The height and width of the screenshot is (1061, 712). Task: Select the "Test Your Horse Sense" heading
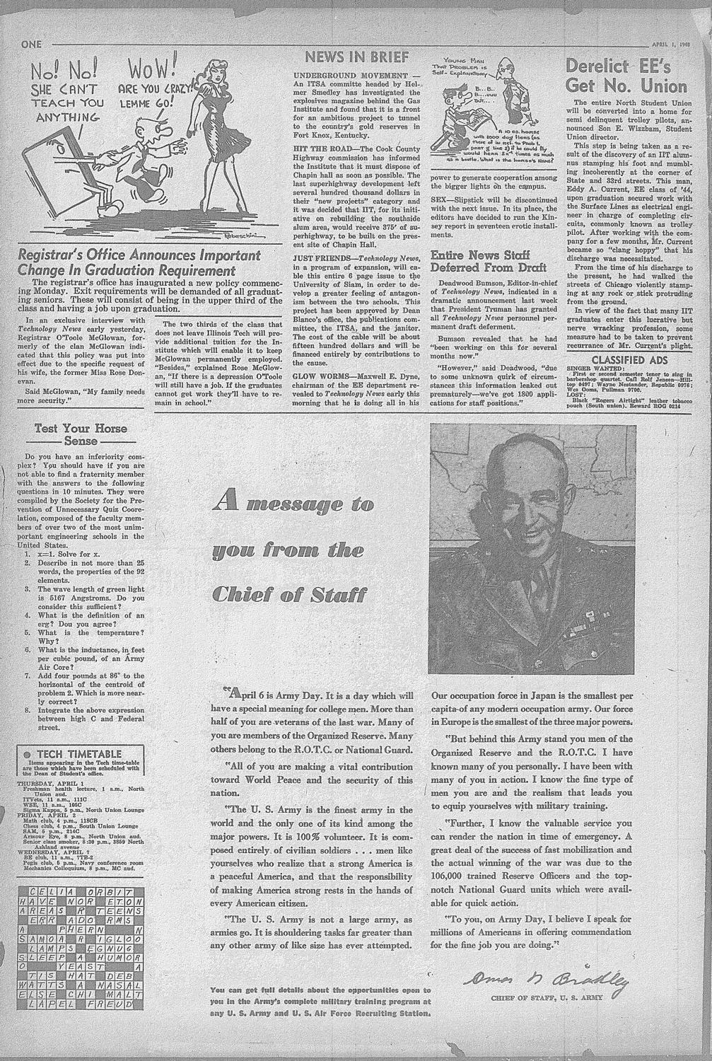pos(81,434)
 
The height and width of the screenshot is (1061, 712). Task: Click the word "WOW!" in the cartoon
pos(150,71)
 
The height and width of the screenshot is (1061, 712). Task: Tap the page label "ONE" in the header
pos(33,44)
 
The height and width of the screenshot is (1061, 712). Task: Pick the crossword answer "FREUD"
pos(119,1003)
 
